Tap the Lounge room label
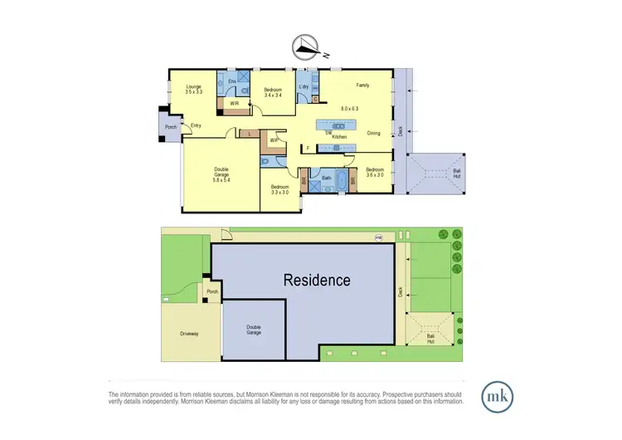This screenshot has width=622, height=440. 194,89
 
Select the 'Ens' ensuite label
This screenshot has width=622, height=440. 233,81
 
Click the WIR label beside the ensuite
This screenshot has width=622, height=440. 236,104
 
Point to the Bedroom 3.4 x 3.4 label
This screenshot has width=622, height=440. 273,92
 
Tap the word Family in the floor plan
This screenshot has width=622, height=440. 362,85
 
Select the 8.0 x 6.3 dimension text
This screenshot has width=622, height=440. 350,108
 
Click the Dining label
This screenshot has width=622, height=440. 374,133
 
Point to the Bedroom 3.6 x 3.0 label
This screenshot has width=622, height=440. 374,172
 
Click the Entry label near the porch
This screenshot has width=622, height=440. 196,126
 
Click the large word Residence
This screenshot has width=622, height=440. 318,280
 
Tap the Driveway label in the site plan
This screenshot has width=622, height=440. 189,334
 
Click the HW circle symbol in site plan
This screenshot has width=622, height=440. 378,239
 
